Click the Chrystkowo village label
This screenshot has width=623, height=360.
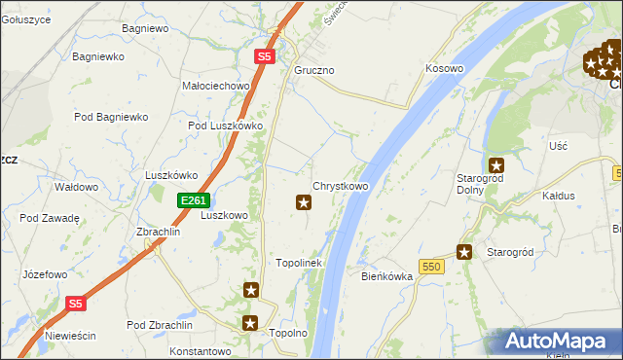point(340,185)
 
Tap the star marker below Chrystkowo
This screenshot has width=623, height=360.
point(304,202)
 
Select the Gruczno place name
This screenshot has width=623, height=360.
point(314,71)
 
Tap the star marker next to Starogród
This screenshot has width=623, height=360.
point(465,252)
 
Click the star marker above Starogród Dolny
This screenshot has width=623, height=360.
point(496,165)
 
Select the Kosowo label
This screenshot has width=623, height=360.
point(444,69)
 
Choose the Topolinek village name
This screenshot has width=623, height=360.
point(299,263)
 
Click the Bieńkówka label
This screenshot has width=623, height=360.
point(387,276)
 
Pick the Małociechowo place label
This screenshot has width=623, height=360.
point(216,86)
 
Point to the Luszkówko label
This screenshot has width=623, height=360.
point(171,175)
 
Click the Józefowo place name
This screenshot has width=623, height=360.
point(45,274)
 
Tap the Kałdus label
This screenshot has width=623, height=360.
point(558,196)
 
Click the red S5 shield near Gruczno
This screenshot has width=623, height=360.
point(265,57)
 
